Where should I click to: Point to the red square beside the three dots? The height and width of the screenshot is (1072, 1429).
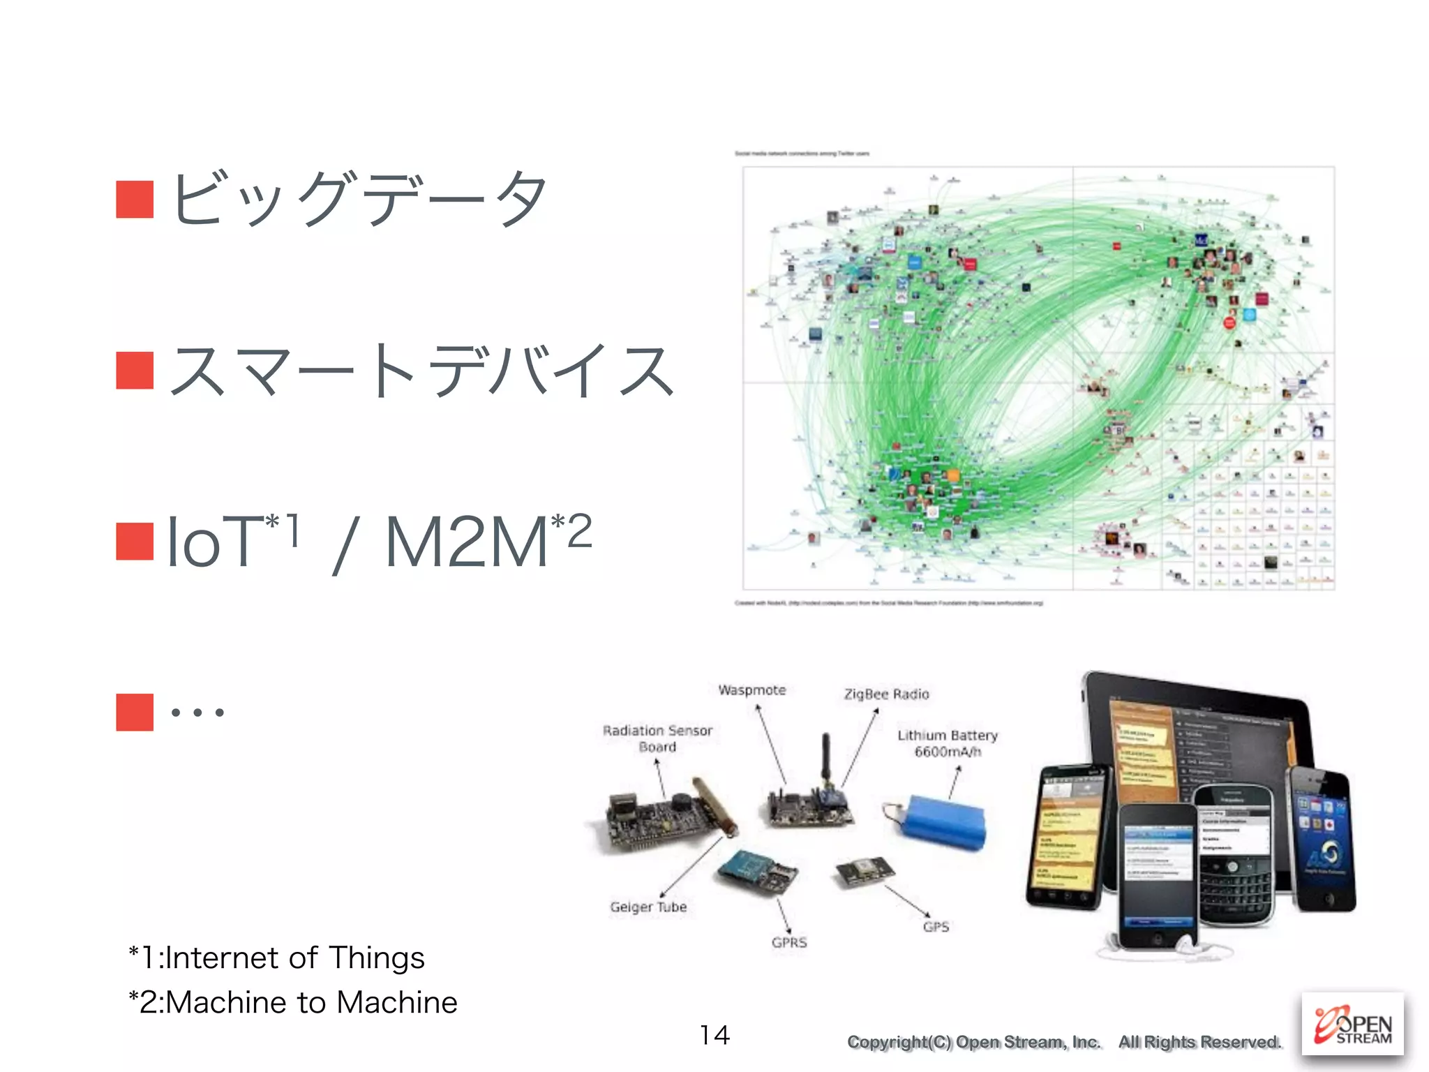[x=135, y=712]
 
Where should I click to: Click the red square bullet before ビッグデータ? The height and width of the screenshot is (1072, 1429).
[x=135, y=199]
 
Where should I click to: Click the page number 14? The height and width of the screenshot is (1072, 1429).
[x=714, y=1035]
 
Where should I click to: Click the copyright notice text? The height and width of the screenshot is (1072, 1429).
[x=1063, y=1042]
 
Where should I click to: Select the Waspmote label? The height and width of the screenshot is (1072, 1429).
[x=752, y=690]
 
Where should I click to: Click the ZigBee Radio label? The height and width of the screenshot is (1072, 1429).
[x=886, y=694]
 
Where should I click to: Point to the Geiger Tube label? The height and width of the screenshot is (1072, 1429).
[x=648, y=907]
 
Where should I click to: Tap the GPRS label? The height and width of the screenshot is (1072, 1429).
[x=789, y=942]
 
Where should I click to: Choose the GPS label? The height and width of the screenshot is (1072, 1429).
[x=936, y=927]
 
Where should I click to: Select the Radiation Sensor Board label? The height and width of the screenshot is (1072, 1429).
[x=657, y=738]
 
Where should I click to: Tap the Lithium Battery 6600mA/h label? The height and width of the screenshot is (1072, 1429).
[x=948, y=743]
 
